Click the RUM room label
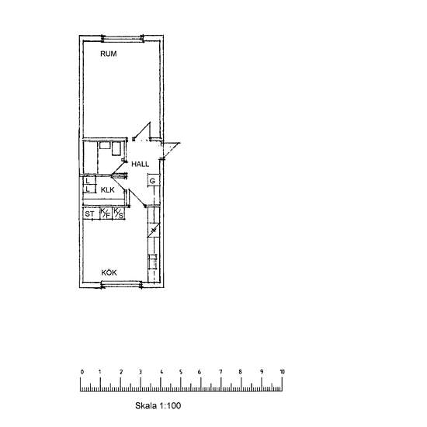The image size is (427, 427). click(109, 54)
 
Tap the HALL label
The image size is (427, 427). click(140, 164)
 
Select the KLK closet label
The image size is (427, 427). click(108, 189)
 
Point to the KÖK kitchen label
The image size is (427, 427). click(109, 273)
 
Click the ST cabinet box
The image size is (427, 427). click(89, 213)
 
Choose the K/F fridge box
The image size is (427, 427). click(106, 213)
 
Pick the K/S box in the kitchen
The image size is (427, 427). click(119, 213)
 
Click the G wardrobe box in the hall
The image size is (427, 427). click(153, 180)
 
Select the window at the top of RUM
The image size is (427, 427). click(123, 39)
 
